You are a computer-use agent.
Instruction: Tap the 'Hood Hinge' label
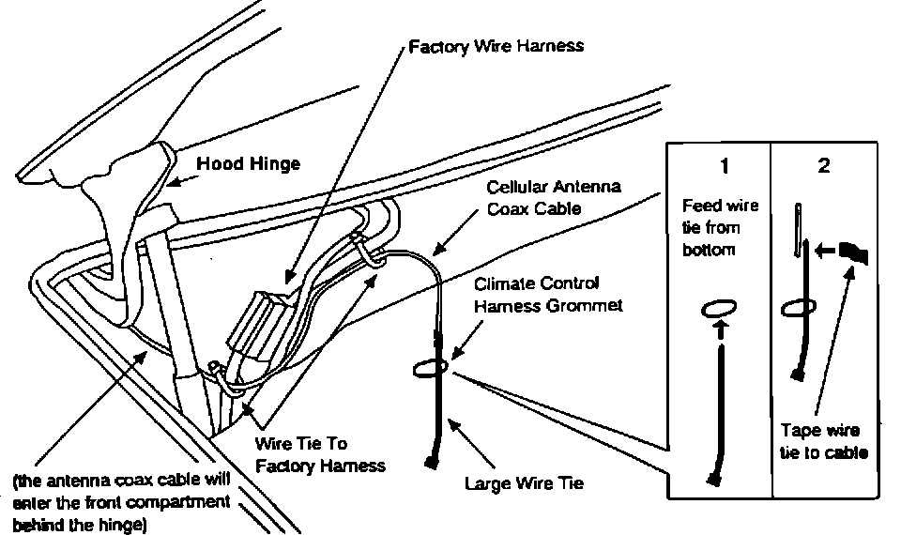[x=248, y=164]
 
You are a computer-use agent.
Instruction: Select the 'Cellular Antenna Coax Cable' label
[x=553, y=198]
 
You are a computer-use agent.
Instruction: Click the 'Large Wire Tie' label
[x=525, y=484]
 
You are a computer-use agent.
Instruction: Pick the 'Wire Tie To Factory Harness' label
[x=320, y=452]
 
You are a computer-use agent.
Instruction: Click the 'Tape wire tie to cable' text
[x=823, y=441]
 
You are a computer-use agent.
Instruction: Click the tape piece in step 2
[x=854, y=252]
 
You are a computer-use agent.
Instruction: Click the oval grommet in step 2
[x=799, y=306]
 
